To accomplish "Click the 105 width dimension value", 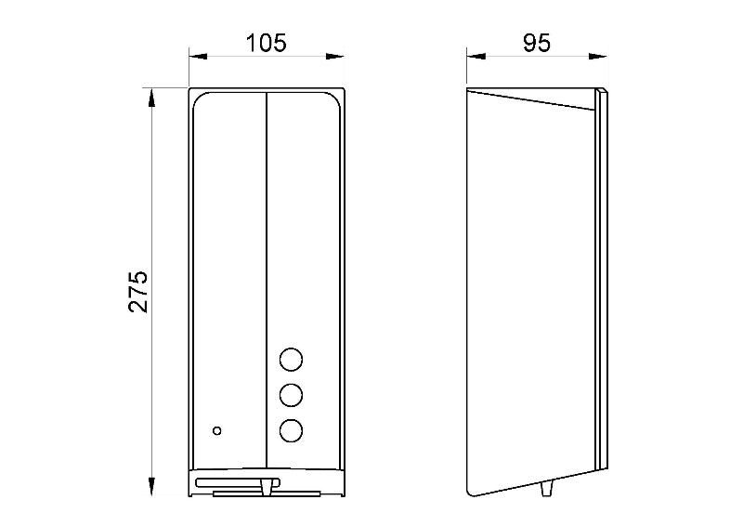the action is [x=267, y=43].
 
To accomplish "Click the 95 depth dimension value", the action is [x=537, y=43].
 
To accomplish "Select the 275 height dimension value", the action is [x=137, y=292].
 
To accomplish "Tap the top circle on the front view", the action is [x=291, y=360].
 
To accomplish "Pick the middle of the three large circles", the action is [x=291, y=395].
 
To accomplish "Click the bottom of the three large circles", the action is [x=291, y=430].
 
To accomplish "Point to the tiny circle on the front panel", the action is [x=217, y=430].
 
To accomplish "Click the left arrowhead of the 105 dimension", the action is [x=198, y=57].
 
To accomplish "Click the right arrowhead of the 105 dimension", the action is [x=335, y=57].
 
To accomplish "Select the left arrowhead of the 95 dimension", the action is [x=476, y=57].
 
